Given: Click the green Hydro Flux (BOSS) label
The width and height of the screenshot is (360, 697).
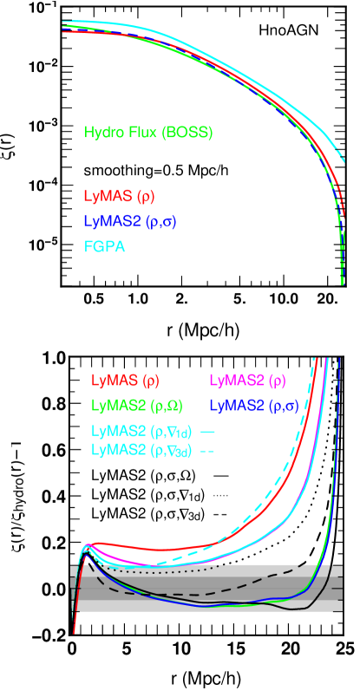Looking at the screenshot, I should click(x=148, y=133).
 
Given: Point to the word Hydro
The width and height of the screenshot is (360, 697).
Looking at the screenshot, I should click(x=102, y=133).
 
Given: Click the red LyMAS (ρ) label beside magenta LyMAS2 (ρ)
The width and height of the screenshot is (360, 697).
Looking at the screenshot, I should click(x=125, y=380).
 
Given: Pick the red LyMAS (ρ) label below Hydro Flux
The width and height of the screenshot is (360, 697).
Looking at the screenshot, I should click(x=119, y=196).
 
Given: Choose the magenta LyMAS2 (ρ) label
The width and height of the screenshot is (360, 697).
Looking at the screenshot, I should click(x=247, y=380).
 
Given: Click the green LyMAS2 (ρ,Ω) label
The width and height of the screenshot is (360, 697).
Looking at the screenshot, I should click(x=136, y=405).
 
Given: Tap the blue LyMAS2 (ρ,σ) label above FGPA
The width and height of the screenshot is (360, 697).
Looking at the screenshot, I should click(x=130, y=221).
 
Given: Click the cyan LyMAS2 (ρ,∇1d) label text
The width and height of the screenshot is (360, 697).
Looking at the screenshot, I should click(x=141, y=430).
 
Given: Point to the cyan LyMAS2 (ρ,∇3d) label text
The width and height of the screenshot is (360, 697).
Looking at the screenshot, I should click(x=141, y=449).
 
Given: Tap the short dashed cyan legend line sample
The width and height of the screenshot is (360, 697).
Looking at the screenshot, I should click(x=207, y=450).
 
